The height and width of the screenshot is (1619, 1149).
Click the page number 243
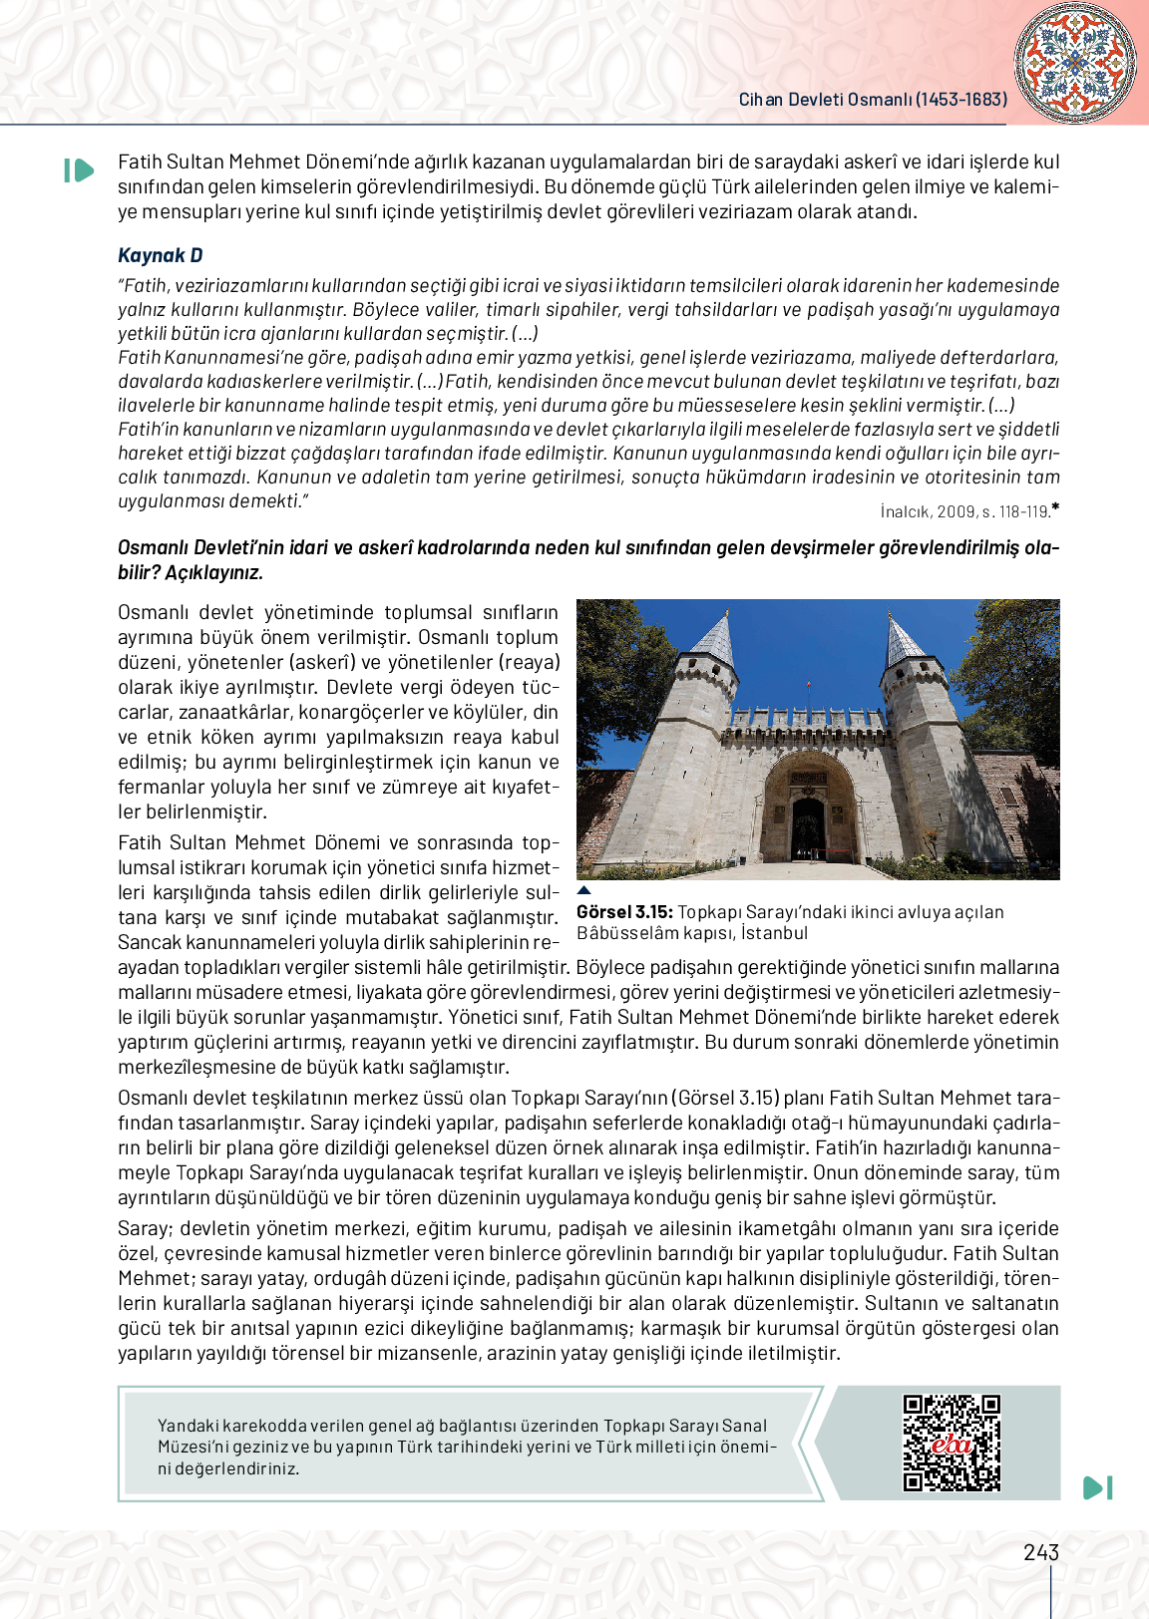coord(1040,1552)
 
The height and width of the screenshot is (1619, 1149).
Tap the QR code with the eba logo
coord(952,1443)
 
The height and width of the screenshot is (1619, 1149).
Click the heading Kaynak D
coord(161,255)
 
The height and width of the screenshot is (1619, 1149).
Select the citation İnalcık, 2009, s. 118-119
coord(964,511)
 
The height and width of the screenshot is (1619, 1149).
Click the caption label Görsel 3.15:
coord(624,912)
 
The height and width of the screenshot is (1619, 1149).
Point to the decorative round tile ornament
coord(1074,63)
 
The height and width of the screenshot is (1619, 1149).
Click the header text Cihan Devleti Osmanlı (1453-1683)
coord(873,100)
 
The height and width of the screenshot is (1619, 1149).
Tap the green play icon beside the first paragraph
coord(78,170)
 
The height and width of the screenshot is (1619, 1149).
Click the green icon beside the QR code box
coord(1097,1487)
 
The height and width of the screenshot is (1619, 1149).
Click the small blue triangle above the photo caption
coord(584,890)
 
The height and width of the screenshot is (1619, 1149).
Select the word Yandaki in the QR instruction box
coord(188,1426)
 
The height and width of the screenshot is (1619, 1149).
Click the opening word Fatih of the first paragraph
coord(140,162)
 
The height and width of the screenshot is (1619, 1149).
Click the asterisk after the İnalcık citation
coord(1055,508)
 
